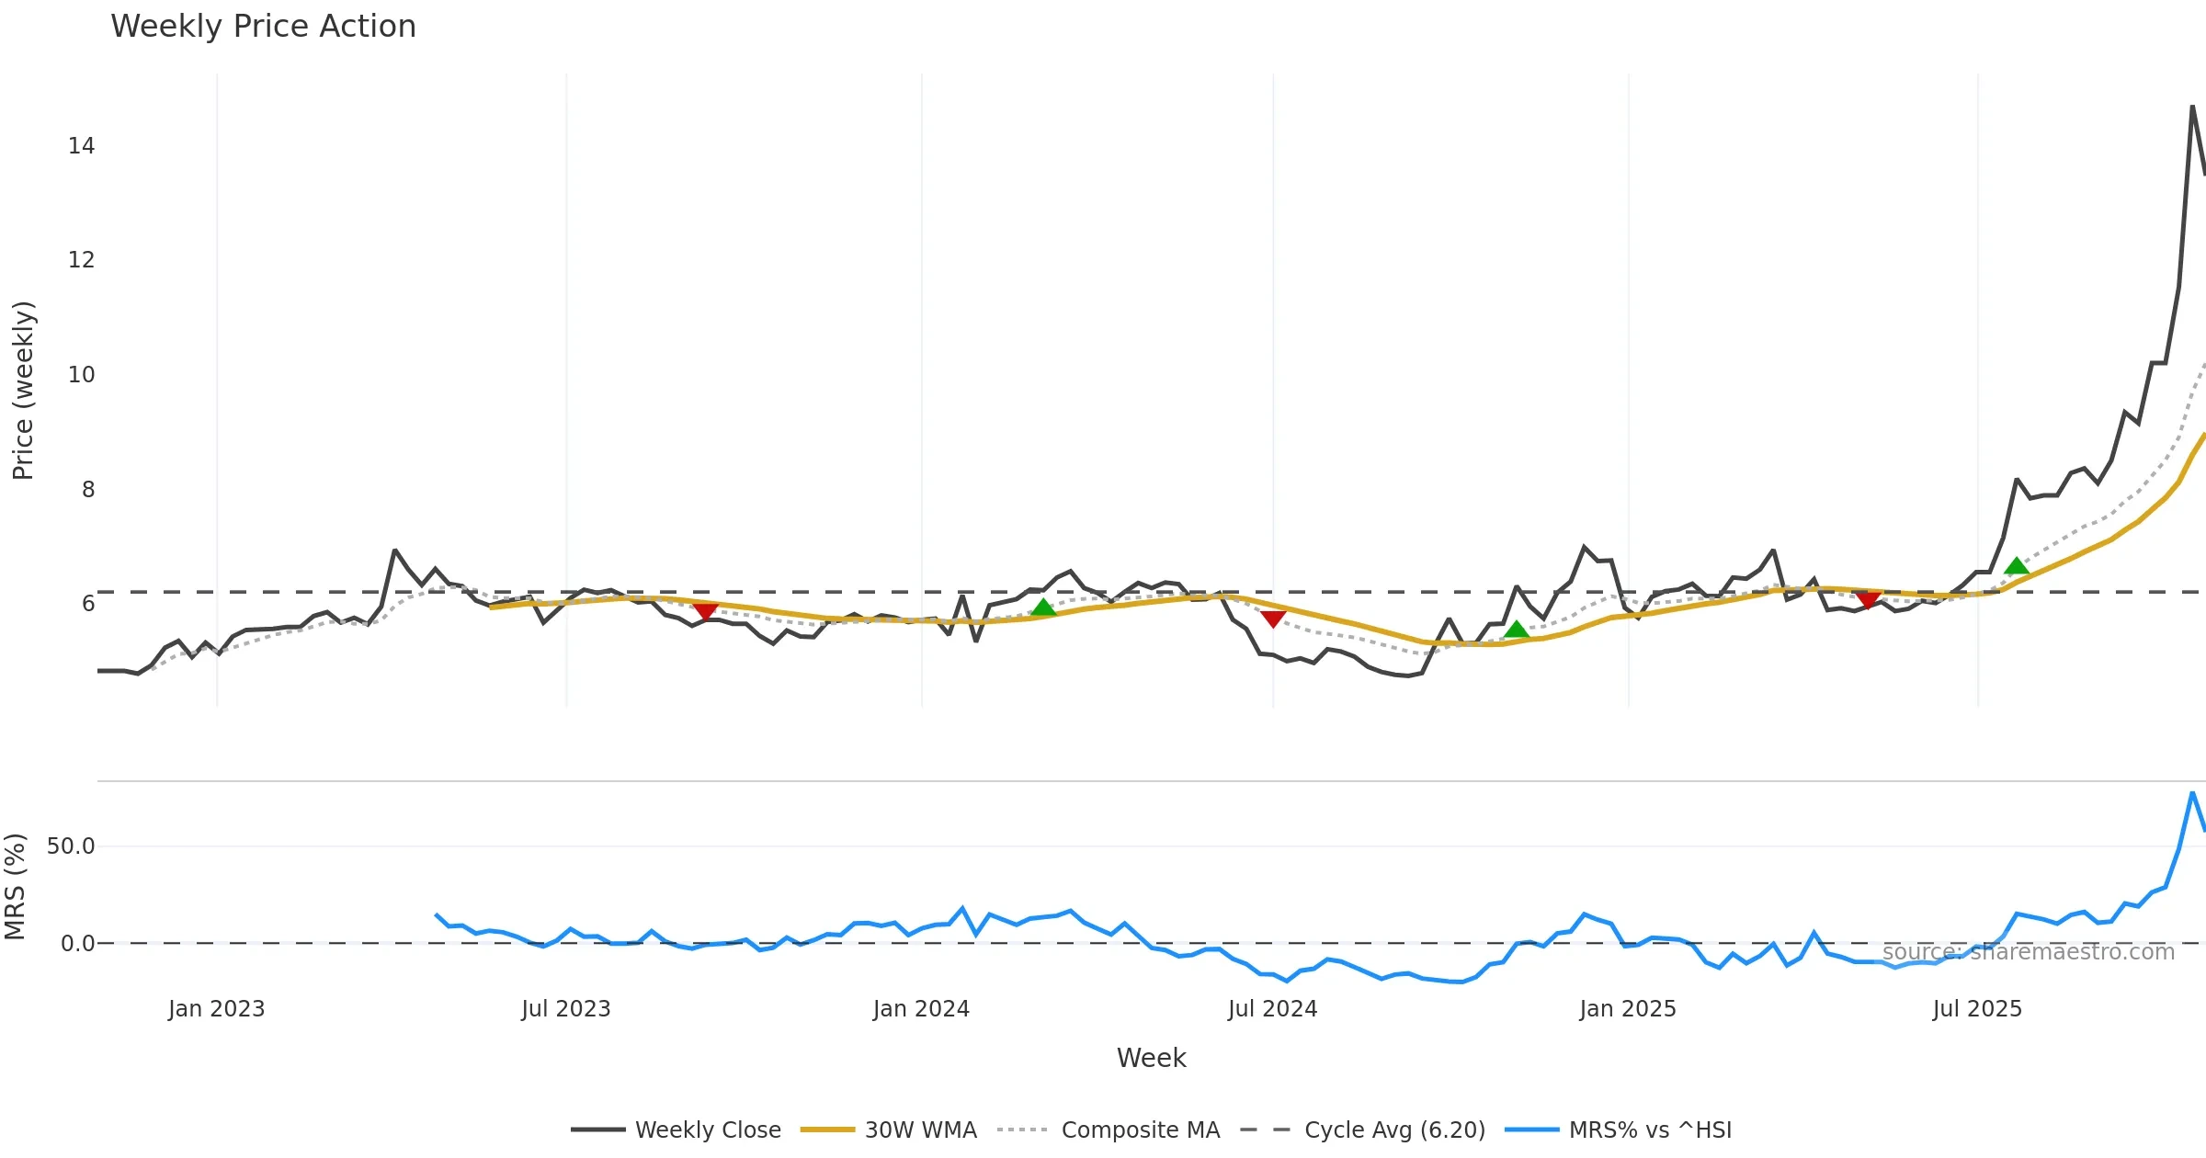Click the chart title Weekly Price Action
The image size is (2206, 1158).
[x=263, y=27]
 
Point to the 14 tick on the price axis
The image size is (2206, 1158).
[x=81, y=146]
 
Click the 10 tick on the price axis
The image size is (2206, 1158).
[x=81, y=375]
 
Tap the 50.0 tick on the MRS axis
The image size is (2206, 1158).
[x=71, y=846]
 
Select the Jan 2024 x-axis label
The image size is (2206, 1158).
[x=921, y=1009]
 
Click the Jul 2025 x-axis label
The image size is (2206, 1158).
[x=1977, y=1009]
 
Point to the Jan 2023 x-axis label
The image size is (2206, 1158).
[x=216, y=1009]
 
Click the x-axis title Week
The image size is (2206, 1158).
[x=1151, y=1059]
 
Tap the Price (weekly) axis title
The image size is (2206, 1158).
[x=23, y=391]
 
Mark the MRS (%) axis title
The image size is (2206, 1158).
[x=15, y=887]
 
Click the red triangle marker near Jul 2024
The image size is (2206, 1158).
[x=1273, y=619]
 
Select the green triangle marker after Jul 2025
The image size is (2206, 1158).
[x=2016, y=566]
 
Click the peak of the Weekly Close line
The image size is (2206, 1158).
[x=2192, y=107]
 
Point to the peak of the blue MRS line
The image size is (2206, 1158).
[x=2192, y=792]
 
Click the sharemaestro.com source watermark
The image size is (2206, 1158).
[x=2028, y=952]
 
